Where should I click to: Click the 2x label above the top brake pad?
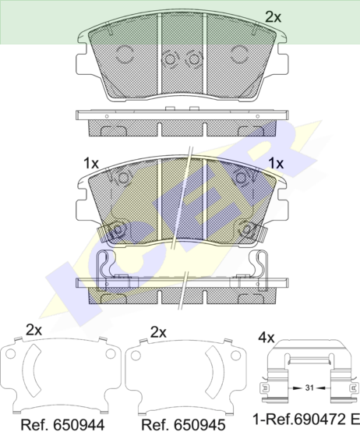(273, 17)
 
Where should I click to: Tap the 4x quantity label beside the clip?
(266, 338)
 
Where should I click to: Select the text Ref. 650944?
(62, 425)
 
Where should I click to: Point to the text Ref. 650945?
(183, 425)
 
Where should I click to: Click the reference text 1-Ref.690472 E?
(306, 420)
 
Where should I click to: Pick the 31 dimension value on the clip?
(309, 388)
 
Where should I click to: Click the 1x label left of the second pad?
(91, 163)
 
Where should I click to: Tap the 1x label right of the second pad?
(276, 163)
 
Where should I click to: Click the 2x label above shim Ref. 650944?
(34, 330)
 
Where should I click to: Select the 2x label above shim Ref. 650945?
(158, 332)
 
